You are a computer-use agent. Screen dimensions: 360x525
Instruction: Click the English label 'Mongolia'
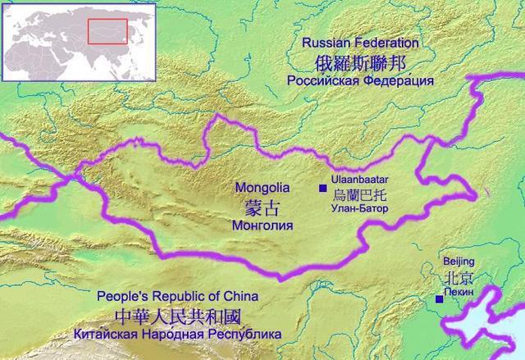[x=258, y=185]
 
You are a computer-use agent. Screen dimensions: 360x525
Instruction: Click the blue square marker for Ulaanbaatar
[x=322, y=189]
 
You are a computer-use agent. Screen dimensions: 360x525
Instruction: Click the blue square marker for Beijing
[x=440, y=299]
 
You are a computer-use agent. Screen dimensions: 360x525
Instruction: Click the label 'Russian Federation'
[x=360, y=43]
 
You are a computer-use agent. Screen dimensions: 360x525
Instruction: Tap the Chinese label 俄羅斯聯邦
[x=360, y=62]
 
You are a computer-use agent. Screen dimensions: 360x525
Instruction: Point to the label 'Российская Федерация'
[x=360, y=81]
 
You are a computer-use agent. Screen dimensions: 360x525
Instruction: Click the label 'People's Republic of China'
[x=177, y=297]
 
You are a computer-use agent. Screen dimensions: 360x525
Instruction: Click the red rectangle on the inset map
[x=107, y=30]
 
